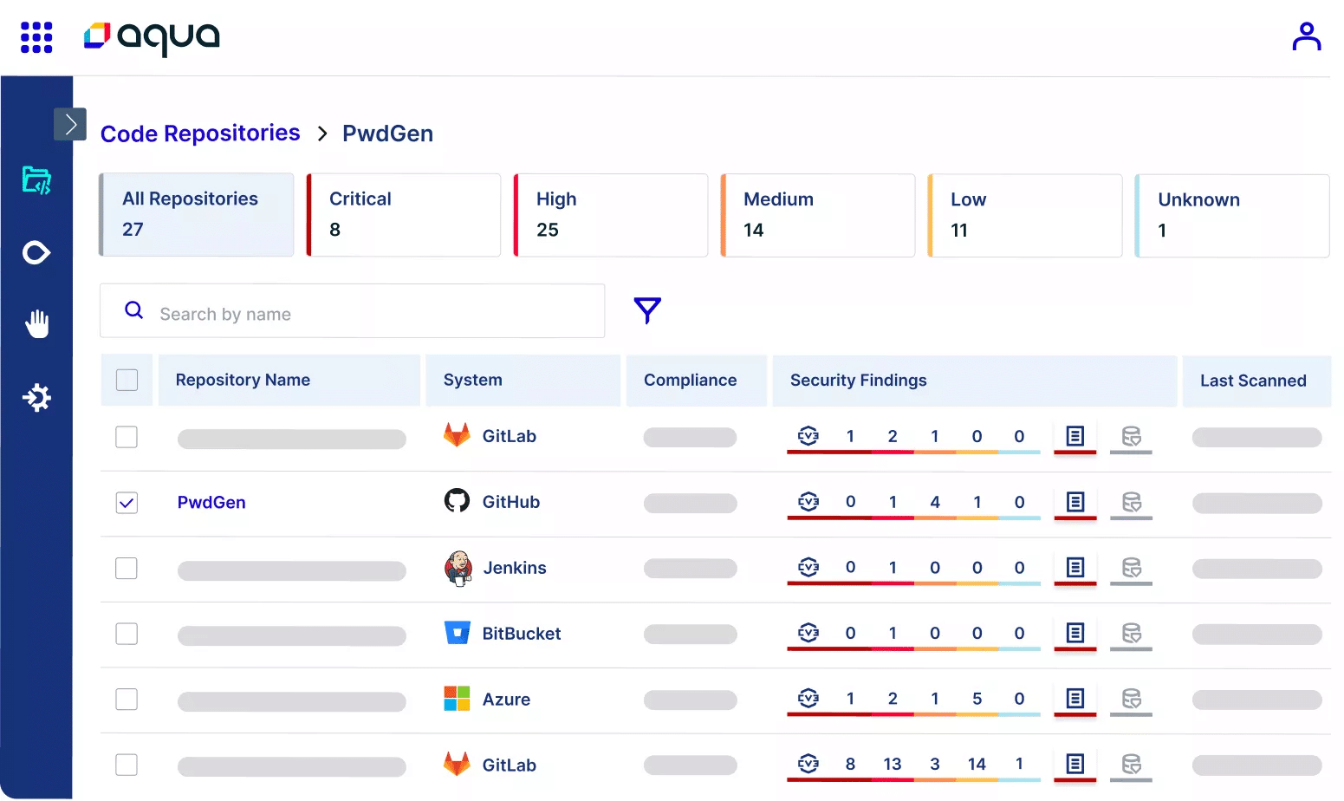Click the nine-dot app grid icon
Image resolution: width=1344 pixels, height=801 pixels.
point(36,37)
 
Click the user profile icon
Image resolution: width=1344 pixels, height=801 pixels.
point(1306,36)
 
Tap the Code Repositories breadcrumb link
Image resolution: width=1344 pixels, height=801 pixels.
point(200,133)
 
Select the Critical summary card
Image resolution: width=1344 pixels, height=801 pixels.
point(404,215)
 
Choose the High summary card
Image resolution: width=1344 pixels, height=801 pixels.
point(611,215)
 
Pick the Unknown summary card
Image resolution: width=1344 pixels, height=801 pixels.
point(1232,216)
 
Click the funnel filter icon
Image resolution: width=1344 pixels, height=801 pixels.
point(647,310)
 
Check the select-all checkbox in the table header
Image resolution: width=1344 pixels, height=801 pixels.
point(127,380)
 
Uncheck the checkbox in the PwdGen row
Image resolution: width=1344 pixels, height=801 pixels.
point(127,503)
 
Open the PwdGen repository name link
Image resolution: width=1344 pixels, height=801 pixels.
point(211,503)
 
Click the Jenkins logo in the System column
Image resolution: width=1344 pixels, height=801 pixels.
point(458,569)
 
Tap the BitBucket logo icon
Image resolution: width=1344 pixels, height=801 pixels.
point(457,633)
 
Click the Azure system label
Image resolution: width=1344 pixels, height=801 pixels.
point(506,700)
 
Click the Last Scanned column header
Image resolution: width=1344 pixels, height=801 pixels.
point(1253,381)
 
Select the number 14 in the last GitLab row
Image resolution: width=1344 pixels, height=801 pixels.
point(977,764)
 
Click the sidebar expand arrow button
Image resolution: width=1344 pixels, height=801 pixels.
point(70,124)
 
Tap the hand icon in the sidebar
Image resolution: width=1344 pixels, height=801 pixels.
point(36,324)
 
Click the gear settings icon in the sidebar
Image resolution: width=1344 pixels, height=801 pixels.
point(36,398)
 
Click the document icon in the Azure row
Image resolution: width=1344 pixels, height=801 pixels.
point(1075,698)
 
